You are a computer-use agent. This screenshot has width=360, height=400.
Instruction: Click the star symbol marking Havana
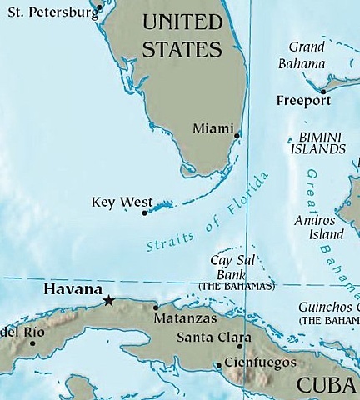coord(108,300)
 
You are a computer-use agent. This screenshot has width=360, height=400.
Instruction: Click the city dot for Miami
coord(237,134)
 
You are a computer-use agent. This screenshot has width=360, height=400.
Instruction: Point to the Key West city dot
coord(145,213)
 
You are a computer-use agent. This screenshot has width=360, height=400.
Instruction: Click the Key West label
coord(122,202)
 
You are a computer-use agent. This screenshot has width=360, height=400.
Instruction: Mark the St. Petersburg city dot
coord(98,7)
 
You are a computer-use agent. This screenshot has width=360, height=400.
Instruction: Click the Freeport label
coord(302,101)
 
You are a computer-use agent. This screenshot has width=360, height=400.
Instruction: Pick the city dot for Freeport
coord(323,92)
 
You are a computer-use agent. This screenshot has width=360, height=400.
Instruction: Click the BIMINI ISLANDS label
coord(317,142)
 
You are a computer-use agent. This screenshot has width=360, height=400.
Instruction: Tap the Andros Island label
coord(314,227)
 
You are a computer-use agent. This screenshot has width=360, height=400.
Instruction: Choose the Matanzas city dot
coord(156,307)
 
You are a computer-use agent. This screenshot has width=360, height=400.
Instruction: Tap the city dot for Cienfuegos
coord(218,364)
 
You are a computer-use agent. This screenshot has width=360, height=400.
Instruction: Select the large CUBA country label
coord(327,386)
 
